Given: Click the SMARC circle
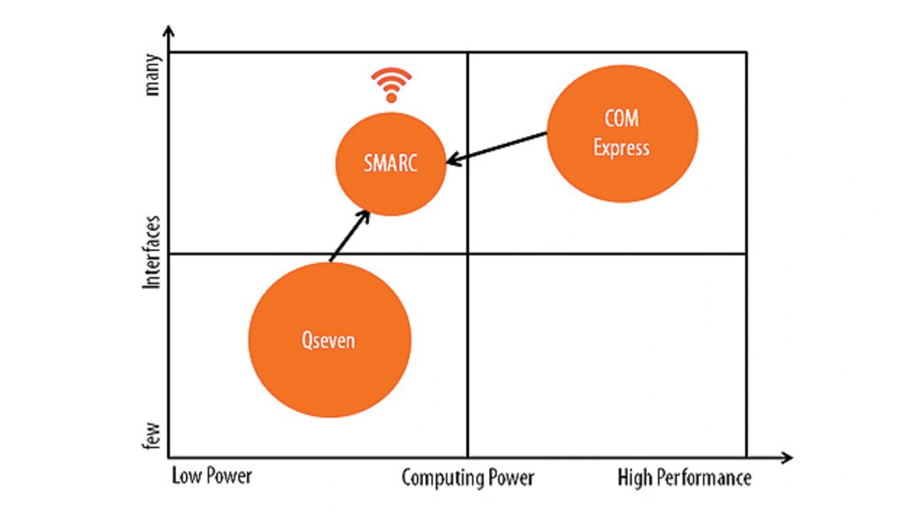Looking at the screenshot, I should (390, 164).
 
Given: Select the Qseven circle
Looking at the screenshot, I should (329, 340).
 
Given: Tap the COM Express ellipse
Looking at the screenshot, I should (622, 134).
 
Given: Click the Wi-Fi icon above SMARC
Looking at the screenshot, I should (391, 85).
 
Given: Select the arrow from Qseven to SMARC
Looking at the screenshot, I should (348, 236).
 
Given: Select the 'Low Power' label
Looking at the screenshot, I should (212, 476).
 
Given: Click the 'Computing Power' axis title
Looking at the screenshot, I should (468, 478).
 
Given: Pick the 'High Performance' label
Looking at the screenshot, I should (684, 478).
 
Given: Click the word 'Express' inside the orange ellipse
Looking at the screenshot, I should (622, 148).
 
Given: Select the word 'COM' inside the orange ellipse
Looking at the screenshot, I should (622, 118).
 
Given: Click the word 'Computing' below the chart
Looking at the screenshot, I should (433, 478).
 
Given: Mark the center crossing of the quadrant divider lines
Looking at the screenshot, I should (468, 254).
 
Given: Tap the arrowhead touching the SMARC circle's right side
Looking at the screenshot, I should (452, 160).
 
